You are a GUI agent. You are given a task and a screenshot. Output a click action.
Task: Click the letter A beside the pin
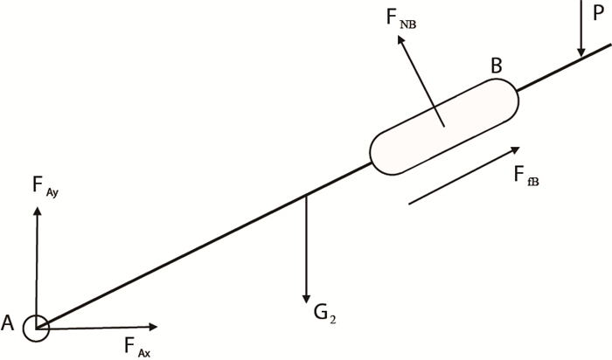tap(9, 323)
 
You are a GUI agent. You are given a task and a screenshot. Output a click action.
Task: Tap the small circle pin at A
tap(37, 328)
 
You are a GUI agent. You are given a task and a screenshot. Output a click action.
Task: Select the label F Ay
tap(44, 186)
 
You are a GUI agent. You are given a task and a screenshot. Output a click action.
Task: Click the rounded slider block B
tap(445, 125)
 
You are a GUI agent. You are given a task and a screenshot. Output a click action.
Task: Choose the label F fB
tap(525, 177)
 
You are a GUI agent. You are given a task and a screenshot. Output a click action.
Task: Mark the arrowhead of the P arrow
tap(581, 53)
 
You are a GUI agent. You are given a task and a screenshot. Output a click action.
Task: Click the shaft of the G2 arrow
tap(306, 245)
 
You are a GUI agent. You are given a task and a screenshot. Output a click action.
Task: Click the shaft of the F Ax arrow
tap(96, 328)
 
